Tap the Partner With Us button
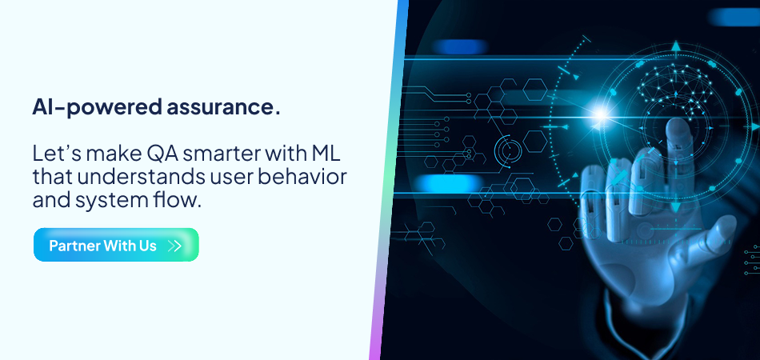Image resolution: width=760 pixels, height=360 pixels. click(x=116, y=245)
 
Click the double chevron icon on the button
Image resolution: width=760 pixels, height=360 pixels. click(x=174, y=246)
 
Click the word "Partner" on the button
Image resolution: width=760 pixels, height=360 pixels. click(x=74, y=246)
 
